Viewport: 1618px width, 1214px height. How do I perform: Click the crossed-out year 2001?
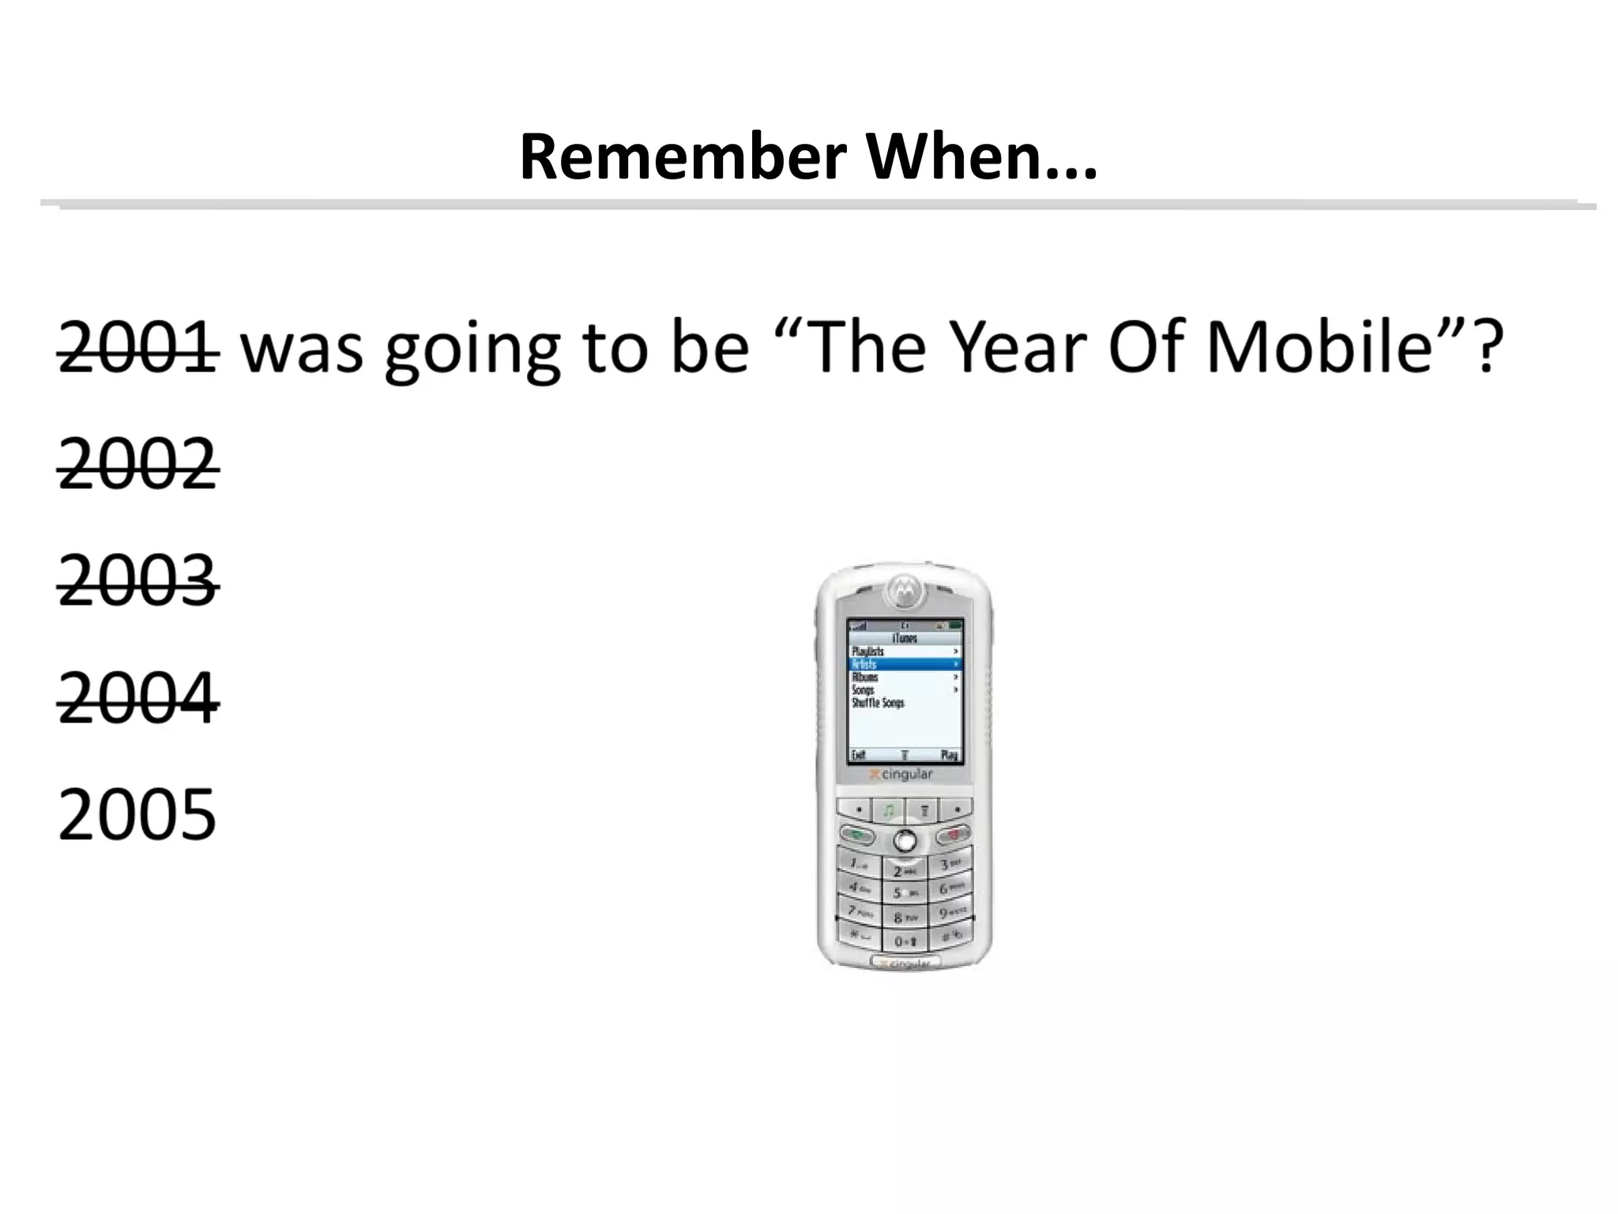coord(137,347)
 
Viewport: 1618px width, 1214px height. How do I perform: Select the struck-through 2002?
coord(137,464)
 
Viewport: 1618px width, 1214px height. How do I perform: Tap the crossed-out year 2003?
coord(137,581)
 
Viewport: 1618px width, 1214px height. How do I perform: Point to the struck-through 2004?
coord(137,698)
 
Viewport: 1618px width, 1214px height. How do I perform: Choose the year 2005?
coord(137,814)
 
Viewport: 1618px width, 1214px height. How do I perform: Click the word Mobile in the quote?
coord(1320,347)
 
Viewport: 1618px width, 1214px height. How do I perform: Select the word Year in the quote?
coord(1016,347)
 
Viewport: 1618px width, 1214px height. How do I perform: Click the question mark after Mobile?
coord(1486,347)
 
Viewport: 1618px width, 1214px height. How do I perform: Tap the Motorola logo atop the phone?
coord(904,590)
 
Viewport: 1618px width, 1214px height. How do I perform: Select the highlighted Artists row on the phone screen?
coord(905,665)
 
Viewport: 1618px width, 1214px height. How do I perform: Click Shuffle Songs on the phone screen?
coord(878,703)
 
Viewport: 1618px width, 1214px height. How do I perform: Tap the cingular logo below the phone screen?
coord(901,775)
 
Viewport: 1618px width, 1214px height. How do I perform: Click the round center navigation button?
coord(905,840)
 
